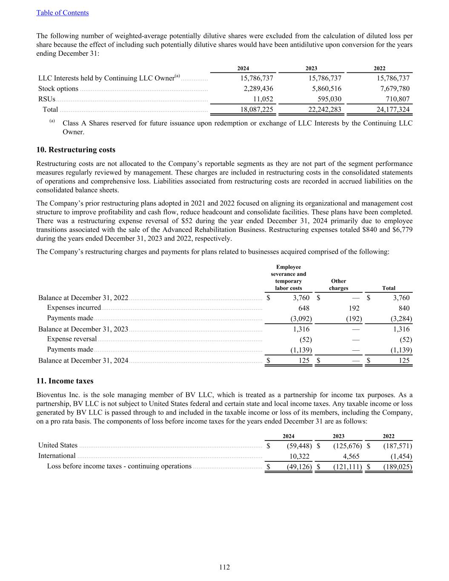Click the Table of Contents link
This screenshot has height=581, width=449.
coord(63,13)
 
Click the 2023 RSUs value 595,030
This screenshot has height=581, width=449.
coord(326,99)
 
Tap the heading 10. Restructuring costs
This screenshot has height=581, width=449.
coord(76,150)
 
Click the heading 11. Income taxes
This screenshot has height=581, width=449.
coord(65,381)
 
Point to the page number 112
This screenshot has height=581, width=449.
coord(224,567)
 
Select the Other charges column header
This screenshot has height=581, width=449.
coord(338,284)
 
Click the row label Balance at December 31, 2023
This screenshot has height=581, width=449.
coord(83,329)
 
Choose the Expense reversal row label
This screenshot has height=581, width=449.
coord(72,339)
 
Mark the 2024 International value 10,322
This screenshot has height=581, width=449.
coord(298,456)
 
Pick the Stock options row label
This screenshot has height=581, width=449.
coord(58,89)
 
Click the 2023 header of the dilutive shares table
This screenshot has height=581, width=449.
coord(311,69)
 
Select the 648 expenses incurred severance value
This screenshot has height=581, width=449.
coord(303,308)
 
